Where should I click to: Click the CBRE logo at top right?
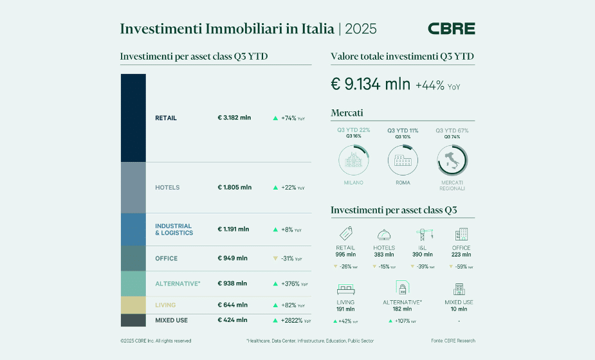coord(451,29)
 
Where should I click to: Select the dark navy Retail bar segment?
coord(133,118)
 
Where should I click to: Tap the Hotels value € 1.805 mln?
coord(235,188)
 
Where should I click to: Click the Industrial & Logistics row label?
coord(174,230)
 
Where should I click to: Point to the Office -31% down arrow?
coord(275,258)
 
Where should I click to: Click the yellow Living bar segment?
coord(133,305)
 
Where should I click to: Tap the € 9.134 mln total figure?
coord(370,84)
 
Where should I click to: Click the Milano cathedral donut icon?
coord(353,159)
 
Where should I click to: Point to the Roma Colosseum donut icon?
coord(403,159)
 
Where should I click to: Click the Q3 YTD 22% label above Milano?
coord(353,130)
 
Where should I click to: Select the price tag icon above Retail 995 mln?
coord(345,235)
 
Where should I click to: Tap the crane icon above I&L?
coord(423,235)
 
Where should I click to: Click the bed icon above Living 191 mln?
coord(345,288)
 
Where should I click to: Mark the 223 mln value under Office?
coord(461,255)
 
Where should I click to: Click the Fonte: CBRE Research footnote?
coord(453,341)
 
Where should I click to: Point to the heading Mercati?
coord(347,113)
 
